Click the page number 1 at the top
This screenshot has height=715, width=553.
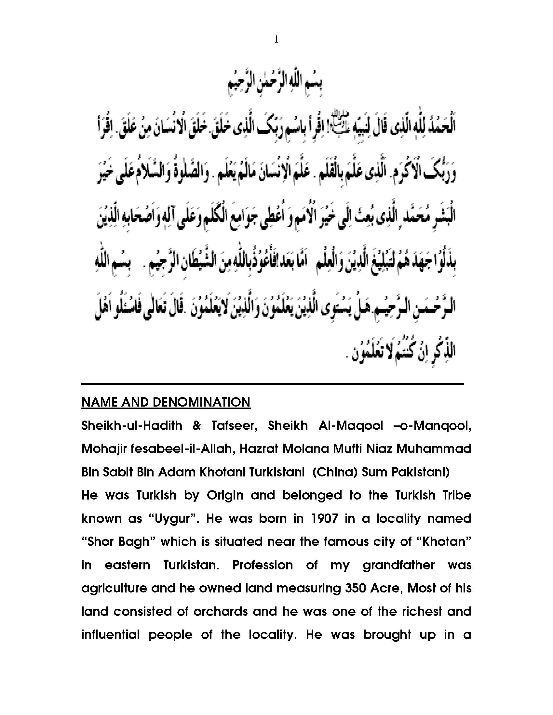pos(276,40)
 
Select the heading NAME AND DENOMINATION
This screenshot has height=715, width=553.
pos(166,402)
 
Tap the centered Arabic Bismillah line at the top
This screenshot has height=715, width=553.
pos(275,86)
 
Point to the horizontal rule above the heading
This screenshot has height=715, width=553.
pos(273,384)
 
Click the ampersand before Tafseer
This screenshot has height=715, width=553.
pos(197,426)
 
